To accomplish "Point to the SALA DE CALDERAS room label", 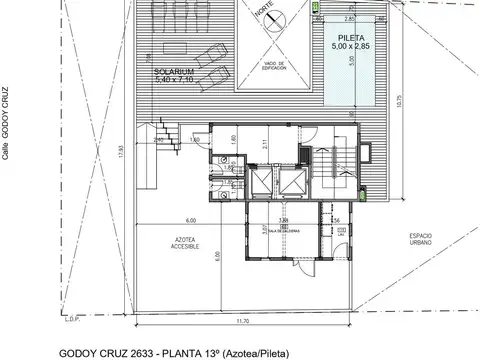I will coord(284,228).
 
